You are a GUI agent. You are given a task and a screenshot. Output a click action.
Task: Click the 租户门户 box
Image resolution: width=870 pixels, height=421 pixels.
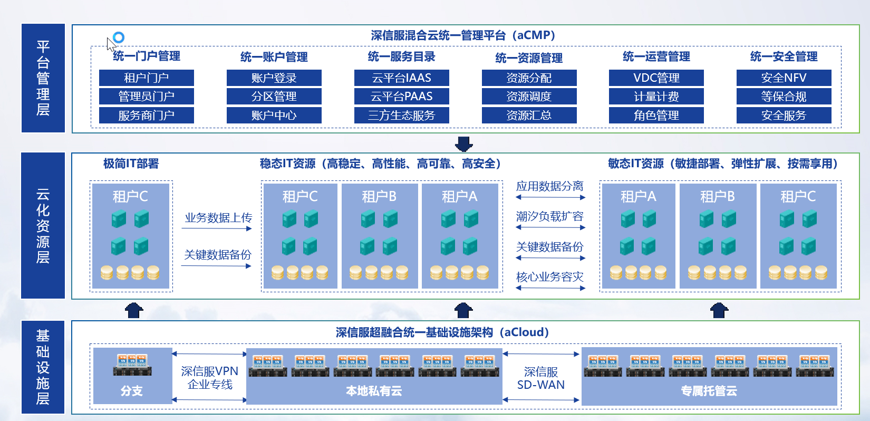147,78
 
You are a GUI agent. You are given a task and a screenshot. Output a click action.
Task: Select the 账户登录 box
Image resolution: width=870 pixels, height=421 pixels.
274,78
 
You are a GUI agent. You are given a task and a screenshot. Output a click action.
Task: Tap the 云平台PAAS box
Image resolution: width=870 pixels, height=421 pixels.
402,96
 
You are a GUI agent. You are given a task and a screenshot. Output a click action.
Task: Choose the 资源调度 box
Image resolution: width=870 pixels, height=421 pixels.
529,96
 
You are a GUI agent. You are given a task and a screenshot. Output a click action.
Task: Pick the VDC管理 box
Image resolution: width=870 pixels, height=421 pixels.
656,78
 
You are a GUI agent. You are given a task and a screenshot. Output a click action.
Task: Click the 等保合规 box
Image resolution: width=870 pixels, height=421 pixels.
784,96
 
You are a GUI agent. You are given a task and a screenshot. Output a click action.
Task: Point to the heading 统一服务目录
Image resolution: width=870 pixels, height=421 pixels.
402,57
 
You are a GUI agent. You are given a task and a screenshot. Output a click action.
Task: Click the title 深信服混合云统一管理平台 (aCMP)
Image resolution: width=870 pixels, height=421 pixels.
463,35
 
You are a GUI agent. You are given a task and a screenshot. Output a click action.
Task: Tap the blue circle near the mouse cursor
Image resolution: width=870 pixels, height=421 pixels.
119,37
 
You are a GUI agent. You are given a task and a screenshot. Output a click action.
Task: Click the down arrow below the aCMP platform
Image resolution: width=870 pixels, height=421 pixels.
464,143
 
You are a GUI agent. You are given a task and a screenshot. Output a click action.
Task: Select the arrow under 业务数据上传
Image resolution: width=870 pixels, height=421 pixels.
217,228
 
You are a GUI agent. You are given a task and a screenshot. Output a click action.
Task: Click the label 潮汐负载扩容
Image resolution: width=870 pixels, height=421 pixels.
549,216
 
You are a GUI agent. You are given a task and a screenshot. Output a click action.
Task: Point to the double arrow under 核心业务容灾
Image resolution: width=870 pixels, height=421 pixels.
550,288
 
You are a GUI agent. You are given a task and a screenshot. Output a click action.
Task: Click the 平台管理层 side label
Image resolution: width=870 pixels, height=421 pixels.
43,78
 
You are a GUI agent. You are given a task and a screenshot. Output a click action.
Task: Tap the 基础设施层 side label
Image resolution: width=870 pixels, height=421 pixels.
43,367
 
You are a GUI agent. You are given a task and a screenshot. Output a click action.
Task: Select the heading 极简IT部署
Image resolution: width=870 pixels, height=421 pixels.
131,164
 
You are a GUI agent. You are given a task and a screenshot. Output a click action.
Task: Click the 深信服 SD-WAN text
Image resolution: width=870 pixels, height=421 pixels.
541,378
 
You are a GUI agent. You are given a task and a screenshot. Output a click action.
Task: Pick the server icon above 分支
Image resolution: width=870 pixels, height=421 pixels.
132,365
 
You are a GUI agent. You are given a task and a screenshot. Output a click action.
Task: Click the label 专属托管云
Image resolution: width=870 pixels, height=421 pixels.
709,391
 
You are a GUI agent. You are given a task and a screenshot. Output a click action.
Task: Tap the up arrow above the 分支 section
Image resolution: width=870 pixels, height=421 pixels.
134,310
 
